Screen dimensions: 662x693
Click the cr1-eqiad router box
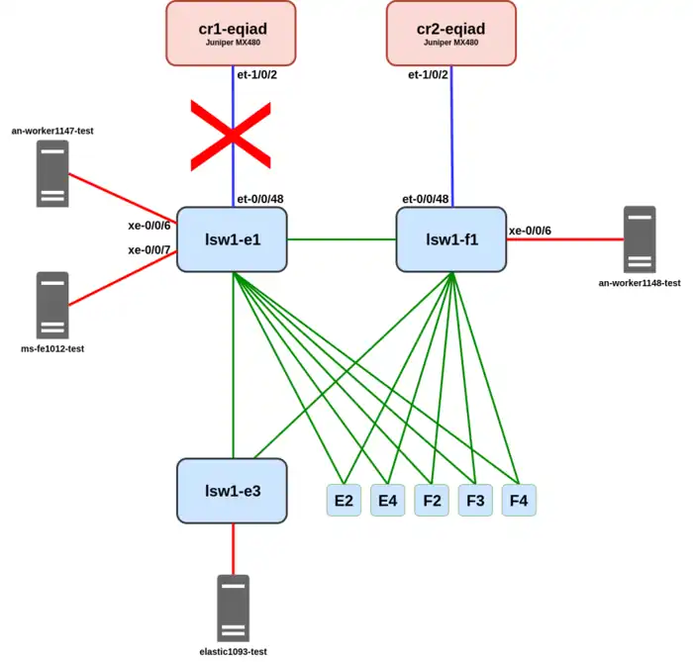231,33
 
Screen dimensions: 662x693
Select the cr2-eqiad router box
451,33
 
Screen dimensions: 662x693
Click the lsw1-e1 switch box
233,238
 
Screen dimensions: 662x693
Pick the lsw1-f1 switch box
451,238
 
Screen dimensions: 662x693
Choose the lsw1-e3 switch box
233,491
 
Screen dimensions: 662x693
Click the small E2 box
344,501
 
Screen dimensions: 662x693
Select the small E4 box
387,501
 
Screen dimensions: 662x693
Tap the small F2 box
432,501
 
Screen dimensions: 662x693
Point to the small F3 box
475,501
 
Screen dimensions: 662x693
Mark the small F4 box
519,501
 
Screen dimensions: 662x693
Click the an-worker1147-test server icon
52,174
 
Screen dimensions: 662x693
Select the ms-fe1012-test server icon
52,306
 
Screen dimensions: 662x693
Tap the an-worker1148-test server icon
640,239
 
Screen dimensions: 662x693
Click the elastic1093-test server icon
233,609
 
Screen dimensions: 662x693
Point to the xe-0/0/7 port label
149,250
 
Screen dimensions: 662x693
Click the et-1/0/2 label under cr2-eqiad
428,74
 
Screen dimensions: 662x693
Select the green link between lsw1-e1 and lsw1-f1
342,238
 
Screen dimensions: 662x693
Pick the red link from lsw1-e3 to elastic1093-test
233,548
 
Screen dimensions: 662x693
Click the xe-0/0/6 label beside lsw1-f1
531,231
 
